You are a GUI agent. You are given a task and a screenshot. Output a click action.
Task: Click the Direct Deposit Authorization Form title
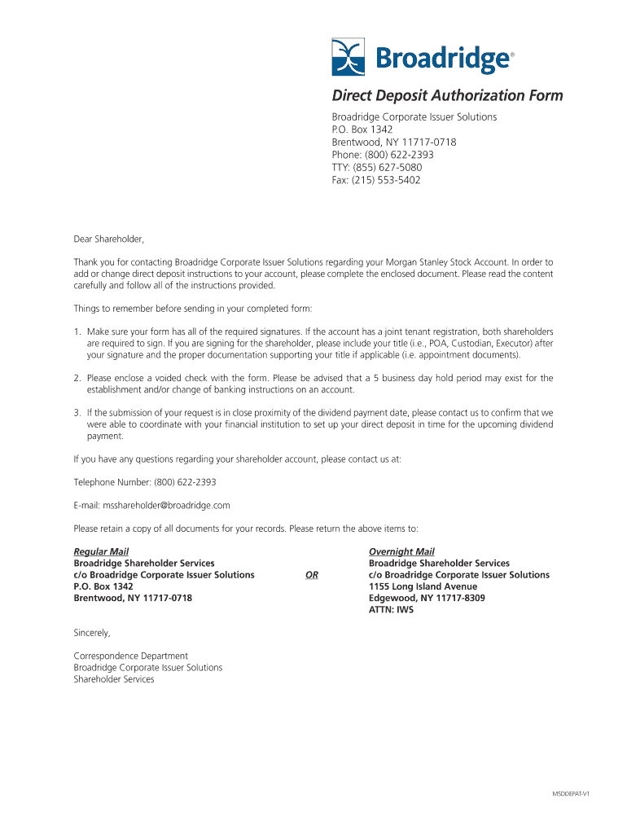click(446, 96)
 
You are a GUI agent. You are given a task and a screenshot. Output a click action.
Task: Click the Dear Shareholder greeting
click(108, 239)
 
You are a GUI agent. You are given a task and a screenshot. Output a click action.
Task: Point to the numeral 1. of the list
click(77, 332)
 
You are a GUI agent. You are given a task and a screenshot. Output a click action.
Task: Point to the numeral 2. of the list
click(77, 378)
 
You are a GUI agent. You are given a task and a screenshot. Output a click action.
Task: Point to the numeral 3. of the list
click(77, 413)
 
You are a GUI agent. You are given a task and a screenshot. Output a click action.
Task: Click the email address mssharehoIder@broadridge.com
click(151, 505)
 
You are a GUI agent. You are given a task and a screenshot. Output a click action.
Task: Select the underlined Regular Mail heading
click(101, 551)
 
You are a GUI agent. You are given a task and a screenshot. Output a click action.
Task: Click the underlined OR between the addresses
click(311, 575)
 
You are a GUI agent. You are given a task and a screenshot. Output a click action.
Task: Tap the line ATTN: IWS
click(391, 609)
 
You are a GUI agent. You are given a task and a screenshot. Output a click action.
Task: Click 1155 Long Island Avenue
click(423, 586)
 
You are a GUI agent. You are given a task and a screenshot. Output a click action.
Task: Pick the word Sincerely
click(92, 633)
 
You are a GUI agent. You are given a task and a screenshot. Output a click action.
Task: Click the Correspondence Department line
click(130, 656)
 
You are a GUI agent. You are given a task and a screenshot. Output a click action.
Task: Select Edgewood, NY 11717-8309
click(427, 598)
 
